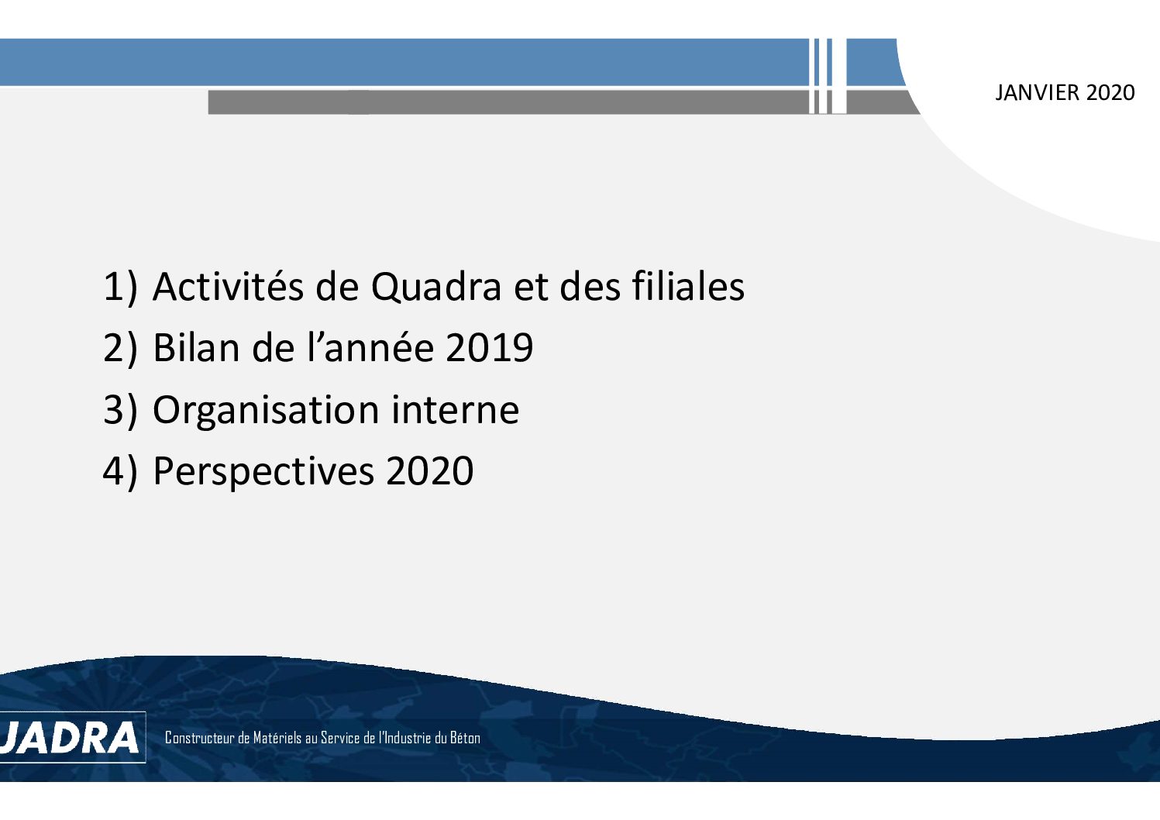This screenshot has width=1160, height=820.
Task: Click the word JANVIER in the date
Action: pos(1038,93)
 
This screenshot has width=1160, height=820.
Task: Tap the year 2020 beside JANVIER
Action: pos(1111,93)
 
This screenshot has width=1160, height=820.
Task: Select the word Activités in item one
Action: pos(228,286)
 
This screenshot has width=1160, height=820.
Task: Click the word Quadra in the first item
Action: pos(436,287)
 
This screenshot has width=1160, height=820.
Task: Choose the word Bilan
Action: pos(196,347)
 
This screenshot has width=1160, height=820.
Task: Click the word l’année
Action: pos(370,347)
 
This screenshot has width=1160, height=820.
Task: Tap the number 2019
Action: pos(490,347)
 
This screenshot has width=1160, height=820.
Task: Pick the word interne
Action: pos(455,409)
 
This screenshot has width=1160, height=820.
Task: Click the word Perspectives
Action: pos(263,472)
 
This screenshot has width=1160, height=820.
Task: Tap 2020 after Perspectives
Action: pos(430,471)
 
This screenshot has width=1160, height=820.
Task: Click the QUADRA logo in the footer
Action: pos(70,737)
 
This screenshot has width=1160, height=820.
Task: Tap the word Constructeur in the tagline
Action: pos(200,738)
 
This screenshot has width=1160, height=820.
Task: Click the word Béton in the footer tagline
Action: pos(465,737)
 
